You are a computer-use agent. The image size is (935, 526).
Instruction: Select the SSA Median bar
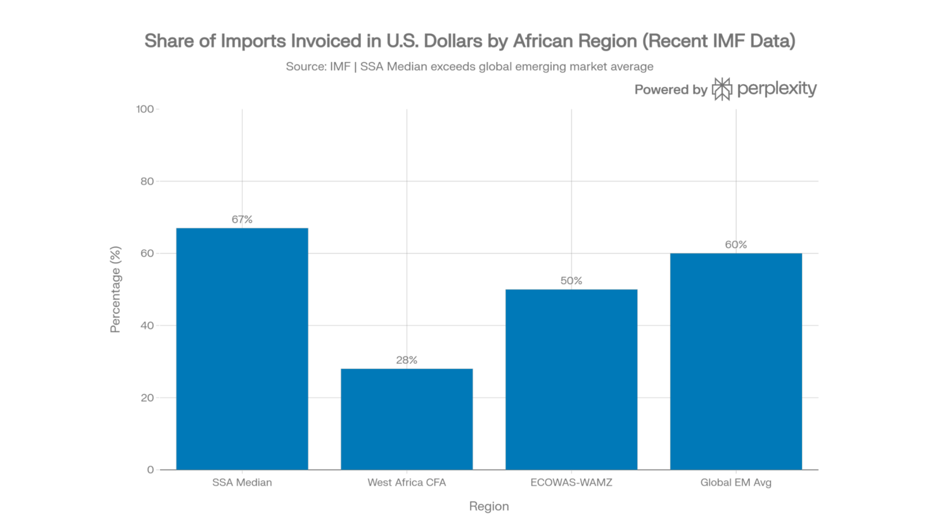point(242,348)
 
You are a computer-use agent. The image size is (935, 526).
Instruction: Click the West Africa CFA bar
point(406,419)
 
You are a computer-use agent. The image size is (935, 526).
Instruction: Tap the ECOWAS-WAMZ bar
point(571,379)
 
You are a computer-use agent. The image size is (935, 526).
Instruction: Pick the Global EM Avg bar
point(736,361)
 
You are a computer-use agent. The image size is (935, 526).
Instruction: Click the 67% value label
point(242,219)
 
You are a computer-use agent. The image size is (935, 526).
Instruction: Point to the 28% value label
point(406,360)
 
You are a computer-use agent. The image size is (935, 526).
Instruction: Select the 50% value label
point(571,281)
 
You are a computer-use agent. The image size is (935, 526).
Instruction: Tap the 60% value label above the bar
point(736,245)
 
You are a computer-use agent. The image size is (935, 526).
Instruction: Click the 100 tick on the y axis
point(145,109)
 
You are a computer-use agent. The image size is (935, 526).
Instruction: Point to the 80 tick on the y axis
point(147,181)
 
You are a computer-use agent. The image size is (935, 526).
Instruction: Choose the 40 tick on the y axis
point(147,326)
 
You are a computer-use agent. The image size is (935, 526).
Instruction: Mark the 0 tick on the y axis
point(150,470)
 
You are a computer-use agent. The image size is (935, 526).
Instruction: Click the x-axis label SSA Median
point(242,482)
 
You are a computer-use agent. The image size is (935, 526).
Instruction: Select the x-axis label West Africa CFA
point(406,482)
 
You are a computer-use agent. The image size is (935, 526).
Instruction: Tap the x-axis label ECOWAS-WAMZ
point(571,482)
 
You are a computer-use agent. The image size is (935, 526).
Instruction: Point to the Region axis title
point(489,507)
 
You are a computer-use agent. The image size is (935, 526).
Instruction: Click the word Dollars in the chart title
point(453,41)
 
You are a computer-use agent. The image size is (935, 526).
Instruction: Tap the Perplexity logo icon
point(722,89)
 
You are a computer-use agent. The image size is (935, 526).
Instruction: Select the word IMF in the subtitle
point(340,67)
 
